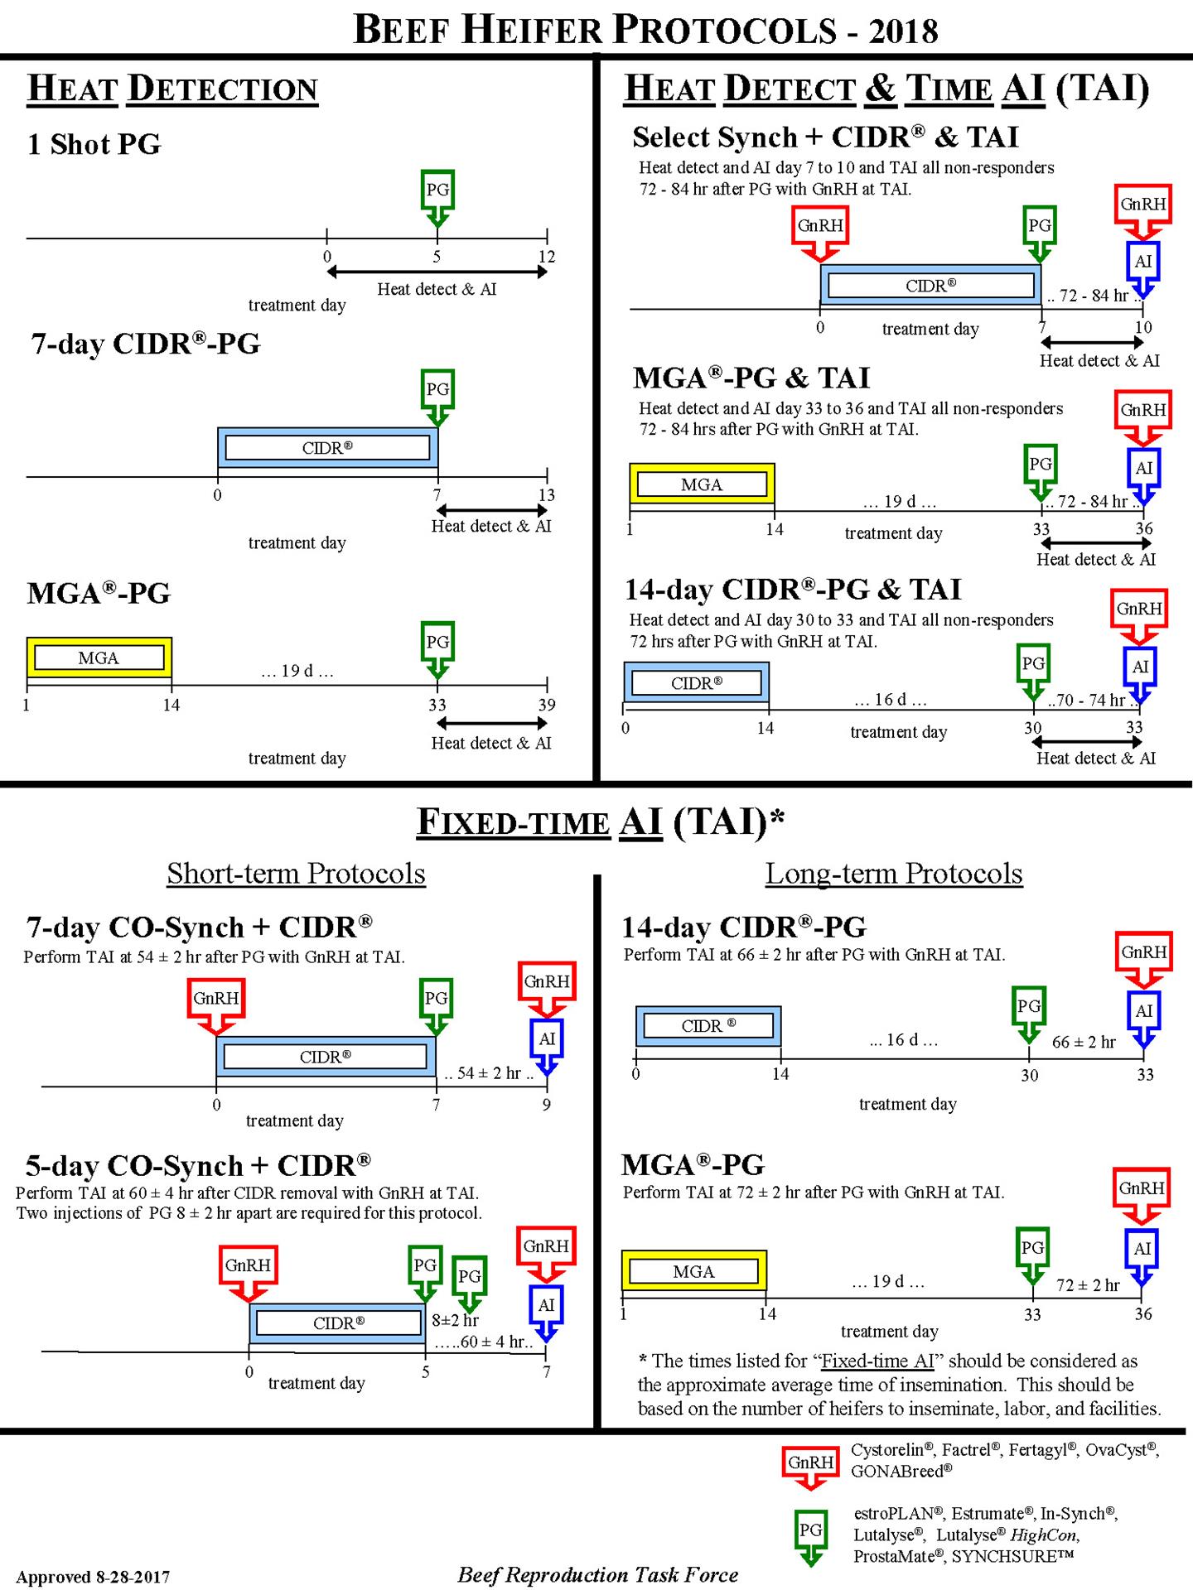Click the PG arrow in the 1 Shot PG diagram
[x=437, y=195]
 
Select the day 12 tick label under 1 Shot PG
[x=547, y=257]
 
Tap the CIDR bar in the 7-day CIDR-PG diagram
[x=327, y=448]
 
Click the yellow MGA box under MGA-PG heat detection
[x=99, y=658]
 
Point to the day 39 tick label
[x=547, y=705]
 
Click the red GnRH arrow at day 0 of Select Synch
[x=820, y=232]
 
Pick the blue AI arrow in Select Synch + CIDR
[x=1143, y=267]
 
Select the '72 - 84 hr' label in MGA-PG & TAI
[x=1093, y=501]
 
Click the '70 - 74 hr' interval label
[x=1090, y=701]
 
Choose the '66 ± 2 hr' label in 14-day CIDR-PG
[x=1084, y=1042]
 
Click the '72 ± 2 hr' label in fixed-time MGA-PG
[x=1088, y=1285]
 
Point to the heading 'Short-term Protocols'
[x=296, y=874]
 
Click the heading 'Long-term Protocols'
[x=894, y=874]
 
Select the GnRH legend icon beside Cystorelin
[x=810, y=1464]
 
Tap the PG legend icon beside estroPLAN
[x=810, y=1535]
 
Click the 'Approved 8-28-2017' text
[x=93, y=1577]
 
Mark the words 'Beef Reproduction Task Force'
[x=597, y=1574]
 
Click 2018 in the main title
[x=903, y=31]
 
